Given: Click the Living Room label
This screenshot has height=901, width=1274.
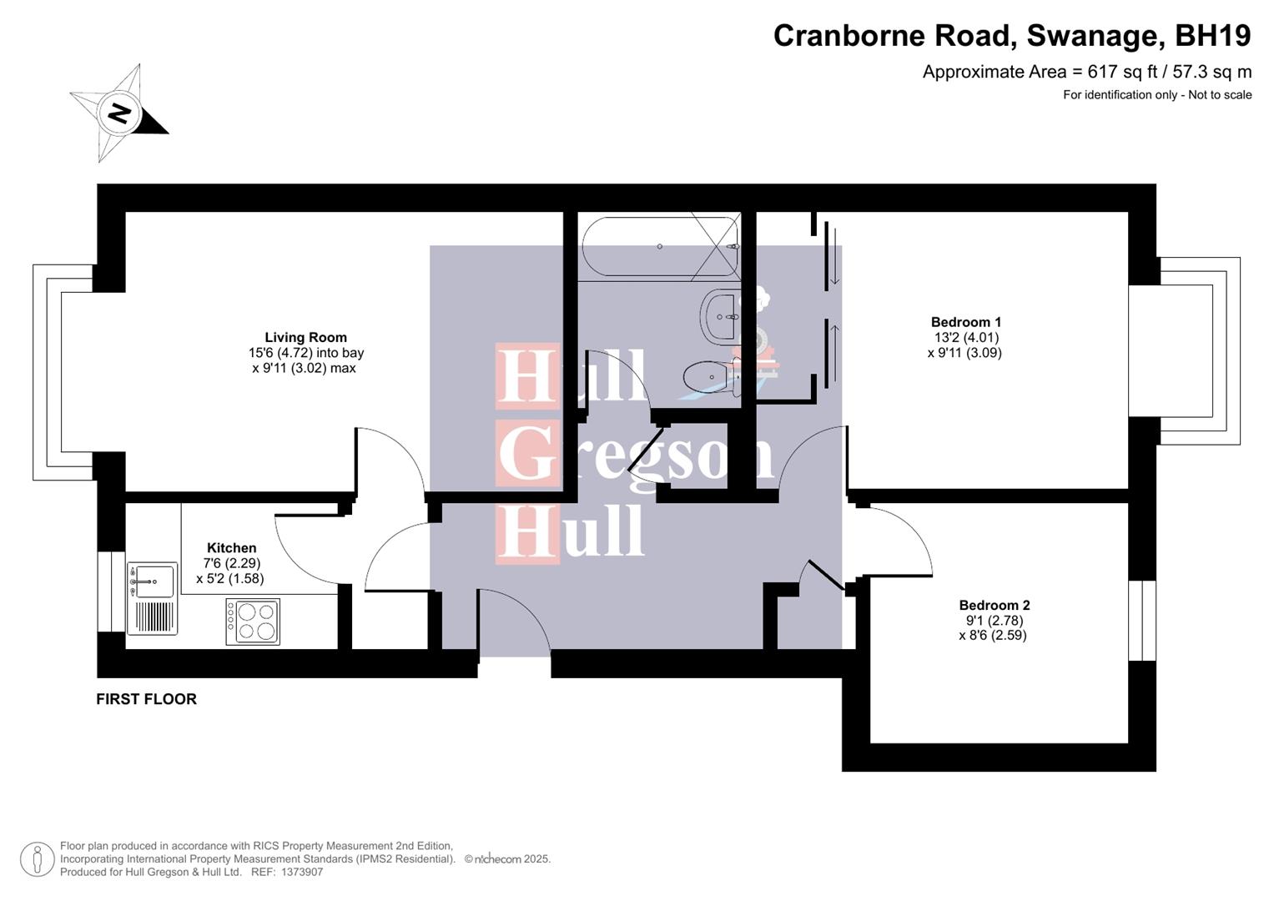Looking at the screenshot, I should pyautogui.click(x=305, y=337).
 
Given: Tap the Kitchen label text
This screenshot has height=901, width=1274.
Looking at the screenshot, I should pyautogui.click(x=231, y=548).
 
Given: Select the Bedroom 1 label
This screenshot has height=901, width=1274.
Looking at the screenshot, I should pyautogui.click(x=965, y=322).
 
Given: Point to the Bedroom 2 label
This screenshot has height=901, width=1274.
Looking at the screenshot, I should pyautogui.click(x=994, y=606).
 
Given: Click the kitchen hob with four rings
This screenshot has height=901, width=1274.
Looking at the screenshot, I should pyautogui.click(x=252, y=622).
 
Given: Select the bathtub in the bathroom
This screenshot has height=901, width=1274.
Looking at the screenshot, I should pyautogui.click(x=660, y=247).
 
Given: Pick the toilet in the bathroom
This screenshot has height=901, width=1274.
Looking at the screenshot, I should pyautogui.click(x=710, y=377).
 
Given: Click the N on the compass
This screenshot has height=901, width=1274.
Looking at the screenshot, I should pyautogui.click(x=120, y=113).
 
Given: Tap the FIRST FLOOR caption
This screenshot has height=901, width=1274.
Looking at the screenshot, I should pyautogui.click(x=146, y=699).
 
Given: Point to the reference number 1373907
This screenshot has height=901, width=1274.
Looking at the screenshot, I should pyautogui.click(x=299, y=872).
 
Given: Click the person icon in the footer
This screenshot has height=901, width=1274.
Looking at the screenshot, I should pyautogui.click(x=37, y=859).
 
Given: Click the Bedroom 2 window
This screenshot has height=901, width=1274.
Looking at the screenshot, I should pyautogui.click(x=1142, y=620).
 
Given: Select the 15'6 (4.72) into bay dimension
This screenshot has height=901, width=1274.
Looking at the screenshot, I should pyautogui.click(x=300, y=353).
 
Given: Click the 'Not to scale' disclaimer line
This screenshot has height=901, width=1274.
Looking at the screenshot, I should pyautogui.click(x=1156, y=95).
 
